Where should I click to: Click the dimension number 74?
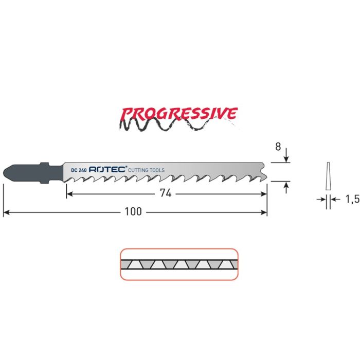click(x=166, y=194)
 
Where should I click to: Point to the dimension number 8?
click(x=278, y=147)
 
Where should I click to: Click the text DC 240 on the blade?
click(x=78, y=169)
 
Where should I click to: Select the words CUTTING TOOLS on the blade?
click(x=146, y=169)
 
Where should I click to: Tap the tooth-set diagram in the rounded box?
click(x=179, y=264)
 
